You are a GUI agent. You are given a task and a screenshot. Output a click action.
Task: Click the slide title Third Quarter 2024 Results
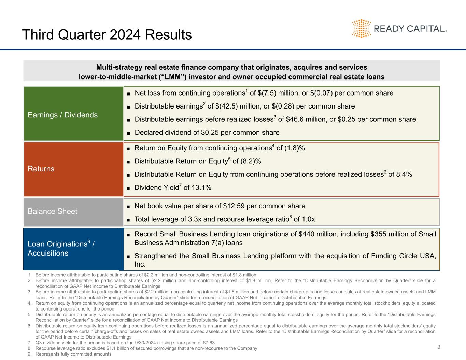(x=107, y=35)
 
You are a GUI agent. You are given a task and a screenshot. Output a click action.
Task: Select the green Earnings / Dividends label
(x=62, y=115)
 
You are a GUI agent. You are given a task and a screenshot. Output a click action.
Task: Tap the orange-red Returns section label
(x=41, y=169)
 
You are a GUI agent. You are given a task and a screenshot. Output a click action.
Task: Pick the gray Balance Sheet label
(x=53, y=211)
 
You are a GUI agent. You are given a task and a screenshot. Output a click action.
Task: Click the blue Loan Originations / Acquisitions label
(x=61, y=248)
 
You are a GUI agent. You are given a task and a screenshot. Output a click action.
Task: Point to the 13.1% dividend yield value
(x=201, y=187)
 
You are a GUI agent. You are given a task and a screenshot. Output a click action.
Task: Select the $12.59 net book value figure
(x=234, y=206)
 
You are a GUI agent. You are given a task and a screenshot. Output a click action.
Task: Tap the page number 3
(x=439, y=347)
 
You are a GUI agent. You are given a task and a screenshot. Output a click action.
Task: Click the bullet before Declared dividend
(x=129, y=133)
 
